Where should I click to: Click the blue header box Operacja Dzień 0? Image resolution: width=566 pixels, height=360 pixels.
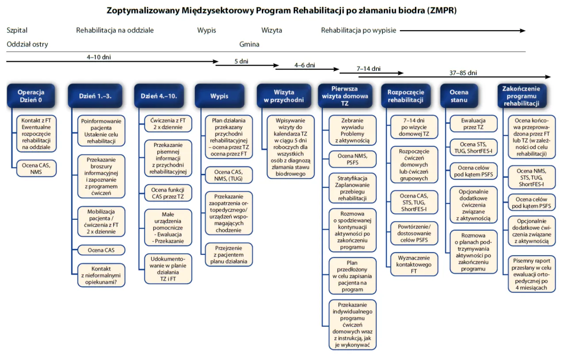click(x=31, y=96)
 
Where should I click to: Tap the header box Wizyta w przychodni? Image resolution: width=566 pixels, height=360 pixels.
click(x=284, y=96)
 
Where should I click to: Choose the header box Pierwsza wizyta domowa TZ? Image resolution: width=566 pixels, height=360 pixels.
click(x=344, y=96)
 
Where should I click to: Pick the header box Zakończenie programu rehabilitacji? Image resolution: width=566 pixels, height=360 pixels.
click(x=521, y=96)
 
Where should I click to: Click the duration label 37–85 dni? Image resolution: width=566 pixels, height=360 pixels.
click(x=463, y=73)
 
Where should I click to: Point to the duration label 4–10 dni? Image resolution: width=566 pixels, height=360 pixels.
click(x=99, y=57)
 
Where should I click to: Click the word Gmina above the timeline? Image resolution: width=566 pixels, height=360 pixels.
click(x=249, y=44)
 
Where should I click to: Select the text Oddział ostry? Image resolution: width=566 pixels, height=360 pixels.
click(x=27, y=44)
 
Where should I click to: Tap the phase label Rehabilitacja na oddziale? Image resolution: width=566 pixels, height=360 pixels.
click(x=115, y=31)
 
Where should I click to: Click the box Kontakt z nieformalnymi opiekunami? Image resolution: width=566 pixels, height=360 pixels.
click(x=101, y=275)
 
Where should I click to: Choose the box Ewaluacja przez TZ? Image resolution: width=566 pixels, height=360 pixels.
click(x=473, y=124)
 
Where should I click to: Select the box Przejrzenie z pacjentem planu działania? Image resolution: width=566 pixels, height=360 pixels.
click(x=229, y=255)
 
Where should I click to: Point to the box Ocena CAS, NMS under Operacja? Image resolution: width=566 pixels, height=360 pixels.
click(x=36, y=169)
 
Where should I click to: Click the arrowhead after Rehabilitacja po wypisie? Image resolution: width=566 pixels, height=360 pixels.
click(x=522, y=31)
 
